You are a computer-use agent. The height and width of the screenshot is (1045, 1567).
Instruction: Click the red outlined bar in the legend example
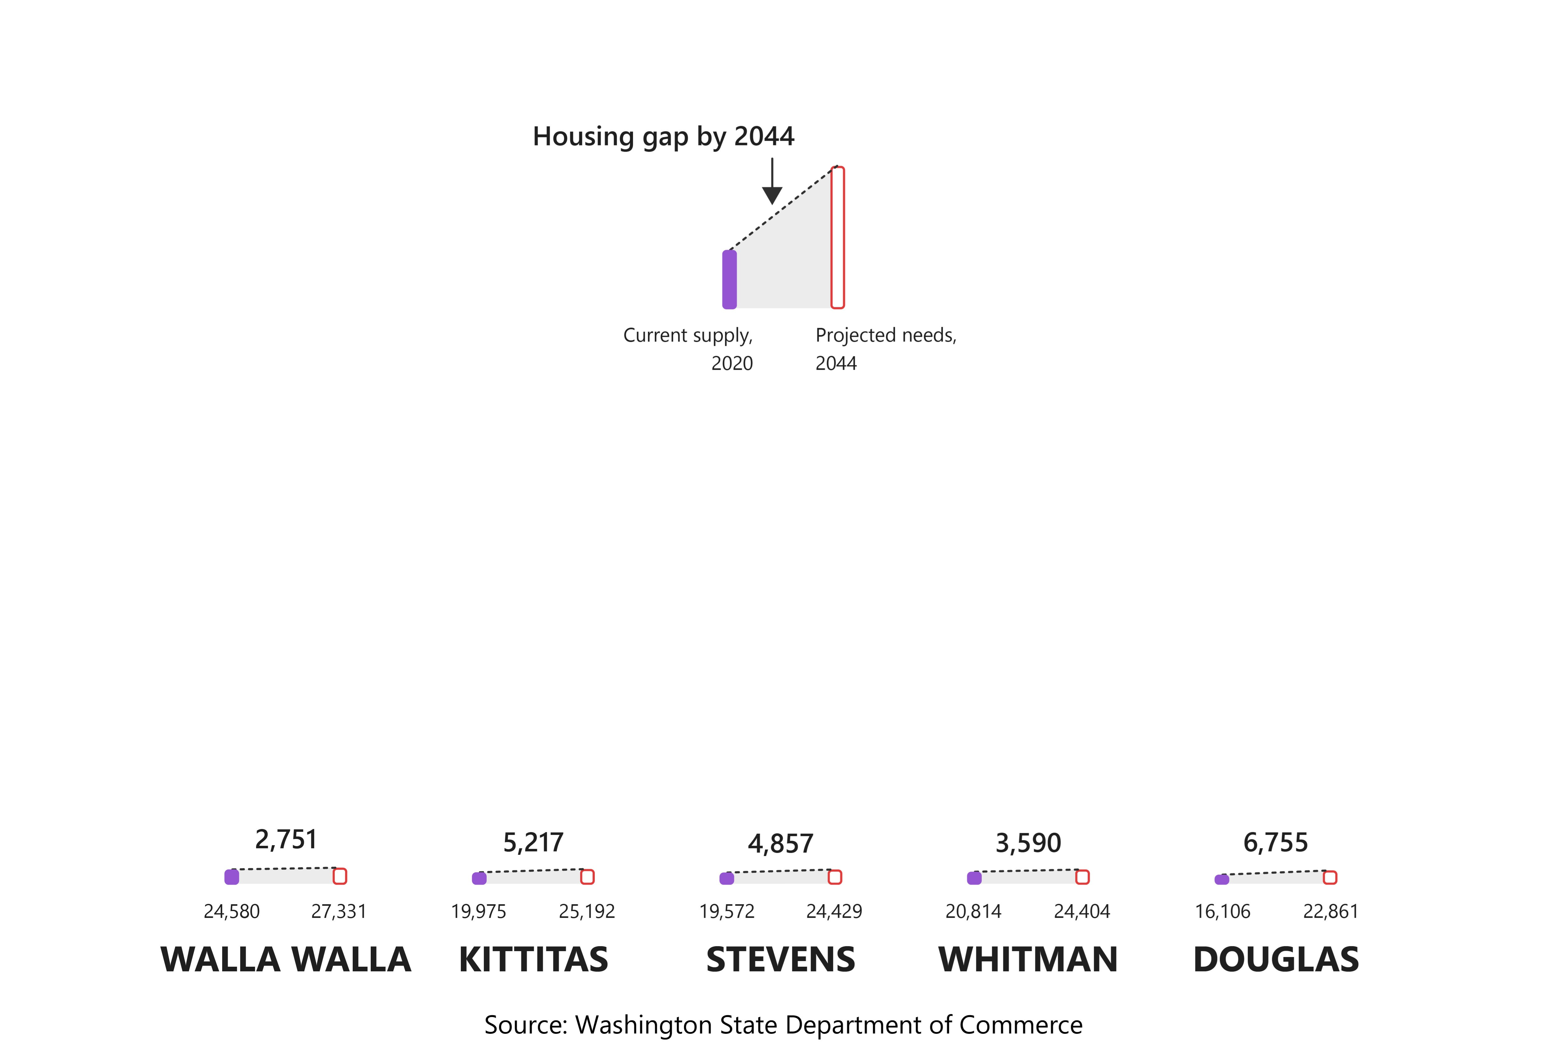[x=837, y=237]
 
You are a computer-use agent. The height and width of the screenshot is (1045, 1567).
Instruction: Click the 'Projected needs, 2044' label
[x=886, y=349]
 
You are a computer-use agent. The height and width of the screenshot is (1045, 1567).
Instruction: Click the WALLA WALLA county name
[x=286, y=960]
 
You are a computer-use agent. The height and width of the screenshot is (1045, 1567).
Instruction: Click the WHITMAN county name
[x=1028, y=960]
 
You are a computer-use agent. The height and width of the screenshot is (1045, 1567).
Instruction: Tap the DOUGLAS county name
[x=1275, y=960]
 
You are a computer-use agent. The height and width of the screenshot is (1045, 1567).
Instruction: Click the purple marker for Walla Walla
[x=232, y=877]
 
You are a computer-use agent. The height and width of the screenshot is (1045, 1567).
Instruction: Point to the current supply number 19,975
[x=478, y=911]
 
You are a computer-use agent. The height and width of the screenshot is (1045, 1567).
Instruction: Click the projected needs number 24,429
[x=834, y=911]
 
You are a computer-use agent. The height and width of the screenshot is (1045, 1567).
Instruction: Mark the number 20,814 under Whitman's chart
[x=974, y=911]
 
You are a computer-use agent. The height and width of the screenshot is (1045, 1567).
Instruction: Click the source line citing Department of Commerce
[x=784, y=1024]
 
